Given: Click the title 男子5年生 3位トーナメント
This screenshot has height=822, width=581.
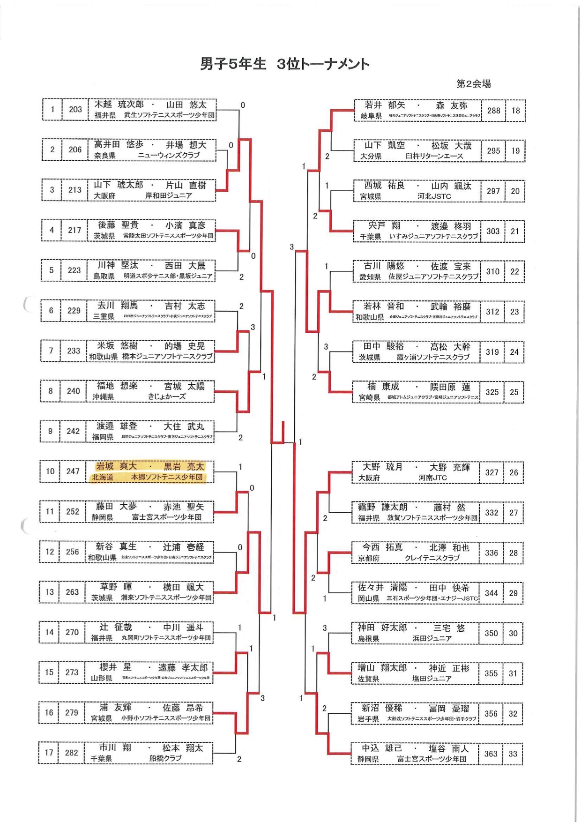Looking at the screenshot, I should (x=284, y=64).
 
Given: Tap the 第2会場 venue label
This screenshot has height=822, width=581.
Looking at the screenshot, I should (x=473, y=84).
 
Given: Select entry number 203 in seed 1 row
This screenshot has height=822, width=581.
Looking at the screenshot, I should (x=75, y=110).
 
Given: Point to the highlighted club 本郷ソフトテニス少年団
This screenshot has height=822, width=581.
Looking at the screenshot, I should (x=167, y=477).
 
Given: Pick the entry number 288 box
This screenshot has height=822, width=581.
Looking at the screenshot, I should (x=493, y=111).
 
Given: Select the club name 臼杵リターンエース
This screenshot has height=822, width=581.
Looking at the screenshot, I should (x=434, y=156).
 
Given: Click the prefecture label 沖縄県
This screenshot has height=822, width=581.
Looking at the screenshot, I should (x=103, y=397).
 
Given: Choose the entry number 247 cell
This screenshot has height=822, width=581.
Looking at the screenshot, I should (x=73, y=471).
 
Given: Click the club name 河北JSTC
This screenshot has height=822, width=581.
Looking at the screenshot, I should (x=434, y=196).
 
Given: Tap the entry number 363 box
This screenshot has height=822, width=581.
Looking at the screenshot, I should (x=491, y=754).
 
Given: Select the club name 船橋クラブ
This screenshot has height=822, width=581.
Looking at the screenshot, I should (x=165, y=758).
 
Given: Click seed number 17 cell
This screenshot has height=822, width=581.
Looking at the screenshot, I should (x=49, y=753).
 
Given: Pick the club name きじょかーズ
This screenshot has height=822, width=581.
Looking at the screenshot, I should (x=167, y=397).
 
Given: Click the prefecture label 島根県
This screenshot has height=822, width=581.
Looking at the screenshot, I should (x=368, y=639).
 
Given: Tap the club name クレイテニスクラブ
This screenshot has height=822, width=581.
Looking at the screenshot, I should (x=432, y=558).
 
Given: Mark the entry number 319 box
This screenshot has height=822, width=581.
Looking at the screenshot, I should (x=492, y=352).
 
